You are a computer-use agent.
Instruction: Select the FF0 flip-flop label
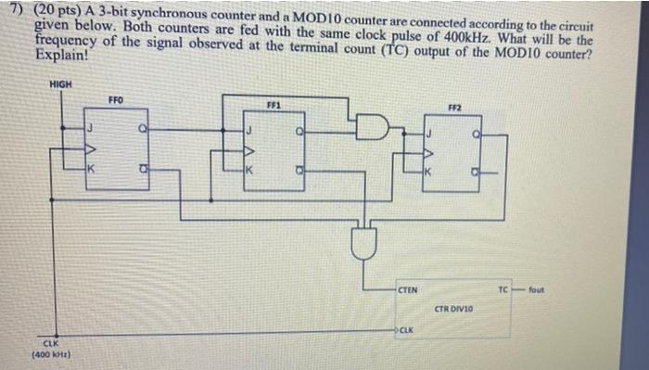tap(115, 99)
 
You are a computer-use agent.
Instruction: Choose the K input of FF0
tap(90, 168)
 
